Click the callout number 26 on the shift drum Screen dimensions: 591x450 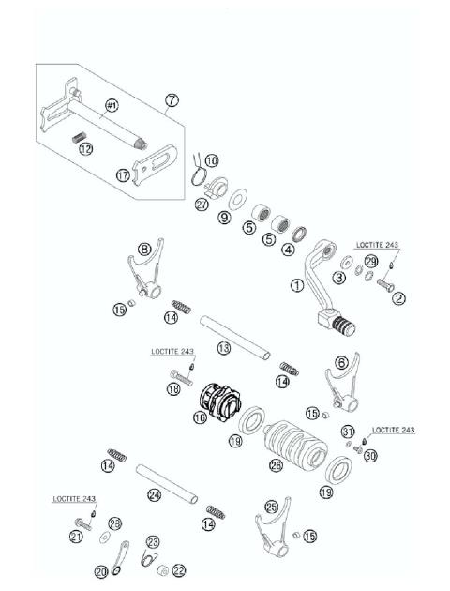click(275, 464)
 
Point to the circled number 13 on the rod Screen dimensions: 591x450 click(222, 348)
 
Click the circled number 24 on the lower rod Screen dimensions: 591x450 click(155, 494)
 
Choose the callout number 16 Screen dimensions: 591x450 click(199, 417)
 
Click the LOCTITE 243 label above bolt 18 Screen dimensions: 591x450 click(173, 352)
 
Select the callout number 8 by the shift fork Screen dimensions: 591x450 click(144, 250)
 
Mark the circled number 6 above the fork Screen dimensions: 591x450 click(342, 362)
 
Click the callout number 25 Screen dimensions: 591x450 click(271, 506)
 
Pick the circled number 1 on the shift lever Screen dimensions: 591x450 click(297, 285)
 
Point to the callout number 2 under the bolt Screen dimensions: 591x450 click(399, 299)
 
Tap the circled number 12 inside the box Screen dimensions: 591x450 click(85, 149)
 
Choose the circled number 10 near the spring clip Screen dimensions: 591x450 click(211, 160)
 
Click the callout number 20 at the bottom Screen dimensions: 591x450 click(101, 571)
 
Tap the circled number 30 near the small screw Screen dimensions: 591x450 click(371, 456)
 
